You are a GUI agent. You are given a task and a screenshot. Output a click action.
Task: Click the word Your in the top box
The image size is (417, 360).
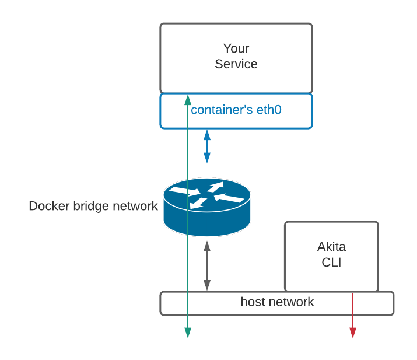[236, 48]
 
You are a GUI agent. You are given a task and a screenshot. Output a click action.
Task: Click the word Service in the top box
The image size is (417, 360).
[236, 64]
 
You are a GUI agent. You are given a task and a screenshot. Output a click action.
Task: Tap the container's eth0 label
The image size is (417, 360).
[236, 109]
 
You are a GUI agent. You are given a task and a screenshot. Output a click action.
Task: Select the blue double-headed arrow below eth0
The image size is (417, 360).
[207, 146]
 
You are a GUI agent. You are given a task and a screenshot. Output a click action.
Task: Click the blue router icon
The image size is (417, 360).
[207, 207]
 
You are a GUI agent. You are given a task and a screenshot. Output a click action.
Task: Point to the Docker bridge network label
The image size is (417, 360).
[93, 206]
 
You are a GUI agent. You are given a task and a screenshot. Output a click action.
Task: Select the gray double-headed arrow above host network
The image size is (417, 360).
[207, 266]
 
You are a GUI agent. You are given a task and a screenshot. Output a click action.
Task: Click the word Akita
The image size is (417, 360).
[331, 247]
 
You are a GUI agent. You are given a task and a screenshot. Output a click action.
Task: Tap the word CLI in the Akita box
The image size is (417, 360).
[331, 263]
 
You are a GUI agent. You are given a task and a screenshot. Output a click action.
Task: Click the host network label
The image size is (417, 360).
[277, 302]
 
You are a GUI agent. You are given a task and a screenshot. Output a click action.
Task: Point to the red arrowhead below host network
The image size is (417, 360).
[353, 333]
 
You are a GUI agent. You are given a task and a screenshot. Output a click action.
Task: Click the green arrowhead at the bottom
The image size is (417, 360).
[188, 333]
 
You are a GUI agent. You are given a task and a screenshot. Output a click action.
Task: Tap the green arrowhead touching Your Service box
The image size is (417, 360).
[187, 97]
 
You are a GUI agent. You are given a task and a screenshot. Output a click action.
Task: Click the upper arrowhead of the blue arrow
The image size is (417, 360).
[207, 134]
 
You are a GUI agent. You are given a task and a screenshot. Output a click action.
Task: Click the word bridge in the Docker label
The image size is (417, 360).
[89, 206]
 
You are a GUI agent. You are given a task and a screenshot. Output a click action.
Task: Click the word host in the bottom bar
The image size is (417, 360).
[253, 302]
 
